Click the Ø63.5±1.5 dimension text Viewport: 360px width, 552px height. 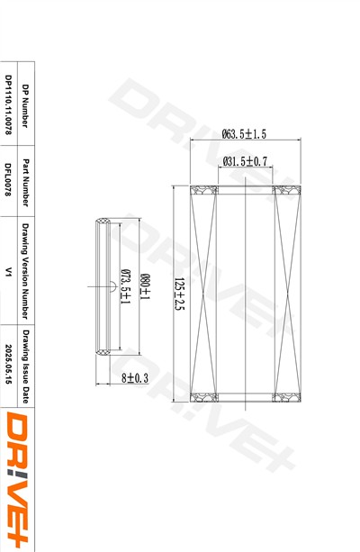(244, 134)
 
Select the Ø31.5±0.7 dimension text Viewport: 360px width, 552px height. (245, 161)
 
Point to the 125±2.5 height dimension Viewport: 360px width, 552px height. (180, 294)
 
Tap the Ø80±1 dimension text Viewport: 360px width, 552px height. (145, 286)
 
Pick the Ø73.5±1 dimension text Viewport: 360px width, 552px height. (126, 286)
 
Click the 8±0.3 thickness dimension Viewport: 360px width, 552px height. (135, 378)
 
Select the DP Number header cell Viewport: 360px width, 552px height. (25, 106)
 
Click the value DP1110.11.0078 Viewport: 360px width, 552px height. (8, 104)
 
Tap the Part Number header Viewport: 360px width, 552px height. (25, 183)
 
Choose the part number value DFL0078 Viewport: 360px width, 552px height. (8, 179)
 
